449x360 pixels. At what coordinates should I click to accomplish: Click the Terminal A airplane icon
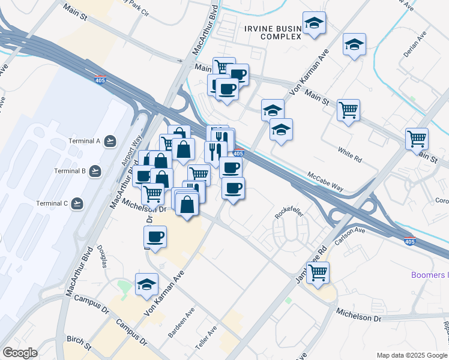pyautogui.click(x=109, y=141)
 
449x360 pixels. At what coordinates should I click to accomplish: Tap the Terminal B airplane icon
pyautogui.click(x=95, y=172)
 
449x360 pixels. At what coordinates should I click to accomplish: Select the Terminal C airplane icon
pyautogui.click(x=76, y=203)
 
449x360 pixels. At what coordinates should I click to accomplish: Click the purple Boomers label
pyautogui.click(x=429, y=275)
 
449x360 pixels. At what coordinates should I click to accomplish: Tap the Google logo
pyautogui.click(x=20, y=352)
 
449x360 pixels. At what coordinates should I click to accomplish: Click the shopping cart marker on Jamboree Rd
pyautogui.click(x=318, y=273)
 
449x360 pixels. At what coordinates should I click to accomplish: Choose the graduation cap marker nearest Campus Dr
pyautogui.click(x=146, y=285)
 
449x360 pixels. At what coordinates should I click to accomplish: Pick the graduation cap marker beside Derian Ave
pyautogui.click(x=354, y=45)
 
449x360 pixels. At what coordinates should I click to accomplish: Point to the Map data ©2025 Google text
pyautogui.click(x=412, y=355)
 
